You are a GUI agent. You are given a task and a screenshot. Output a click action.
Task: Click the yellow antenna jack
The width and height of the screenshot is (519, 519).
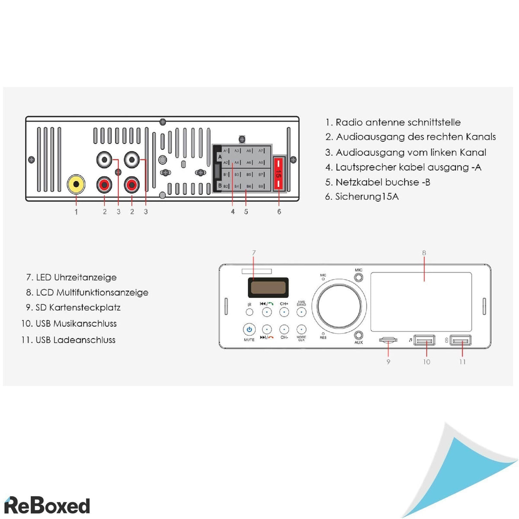[x=76, y=185]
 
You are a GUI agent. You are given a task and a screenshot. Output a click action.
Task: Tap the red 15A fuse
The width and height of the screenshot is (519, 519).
[x=279, y=173]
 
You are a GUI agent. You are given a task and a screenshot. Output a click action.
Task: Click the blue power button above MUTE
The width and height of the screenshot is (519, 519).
[x=249, y=330]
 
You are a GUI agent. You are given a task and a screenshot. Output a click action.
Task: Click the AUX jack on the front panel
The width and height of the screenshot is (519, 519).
[x=359, y=335]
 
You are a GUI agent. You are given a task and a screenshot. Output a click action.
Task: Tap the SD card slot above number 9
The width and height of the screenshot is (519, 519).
[x=388, y=340]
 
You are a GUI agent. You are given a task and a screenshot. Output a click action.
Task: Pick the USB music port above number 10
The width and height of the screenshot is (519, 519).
[x=424, y=341]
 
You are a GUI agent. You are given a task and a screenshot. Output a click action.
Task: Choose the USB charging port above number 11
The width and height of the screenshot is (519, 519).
[x=460, y=341]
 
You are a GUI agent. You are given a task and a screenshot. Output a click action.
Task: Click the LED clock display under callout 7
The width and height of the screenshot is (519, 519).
[x=268, y=287]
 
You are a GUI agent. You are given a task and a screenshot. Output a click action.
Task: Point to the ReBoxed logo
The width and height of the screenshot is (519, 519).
[x=47, y=506]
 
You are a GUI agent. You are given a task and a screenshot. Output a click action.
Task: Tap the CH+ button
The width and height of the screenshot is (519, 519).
[x=284, y=312]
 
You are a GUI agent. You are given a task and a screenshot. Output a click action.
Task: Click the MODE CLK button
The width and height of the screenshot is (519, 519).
[x=301, y=330]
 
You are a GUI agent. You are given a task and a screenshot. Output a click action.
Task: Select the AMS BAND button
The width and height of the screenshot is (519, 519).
[x=301, y=312]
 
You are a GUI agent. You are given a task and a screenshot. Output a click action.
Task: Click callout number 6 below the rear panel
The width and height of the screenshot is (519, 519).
[x=279, y=211]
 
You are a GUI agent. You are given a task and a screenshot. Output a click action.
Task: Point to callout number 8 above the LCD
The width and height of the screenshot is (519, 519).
[x=424, y=253]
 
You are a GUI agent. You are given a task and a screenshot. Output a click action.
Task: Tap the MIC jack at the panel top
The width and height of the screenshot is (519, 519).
[x=359, y=278]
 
